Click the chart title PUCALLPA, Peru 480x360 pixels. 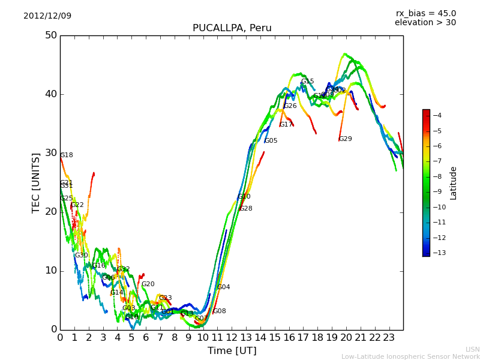point(232,28)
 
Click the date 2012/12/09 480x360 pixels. point(47,16)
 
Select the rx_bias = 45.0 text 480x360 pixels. point(425,13)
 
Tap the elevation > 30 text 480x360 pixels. point(425,23)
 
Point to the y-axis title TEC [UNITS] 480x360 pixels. point(36,182)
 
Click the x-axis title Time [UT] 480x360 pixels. point(232,350)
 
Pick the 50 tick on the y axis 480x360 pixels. point(50,35)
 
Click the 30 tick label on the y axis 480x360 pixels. point(50,153)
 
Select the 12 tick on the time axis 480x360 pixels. point(232,337)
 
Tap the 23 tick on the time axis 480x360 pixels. point(389,337)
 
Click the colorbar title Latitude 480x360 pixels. point(454,183)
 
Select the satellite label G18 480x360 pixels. point(67,155)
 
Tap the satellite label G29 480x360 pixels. point(346,139)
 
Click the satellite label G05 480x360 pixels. point(271,141)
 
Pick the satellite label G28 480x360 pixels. point(246,209)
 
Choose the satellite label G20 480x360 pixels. point(148,284)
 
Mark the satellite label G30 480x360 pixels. point(82,256)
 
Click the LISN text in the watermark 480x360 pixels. point(472,349)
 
